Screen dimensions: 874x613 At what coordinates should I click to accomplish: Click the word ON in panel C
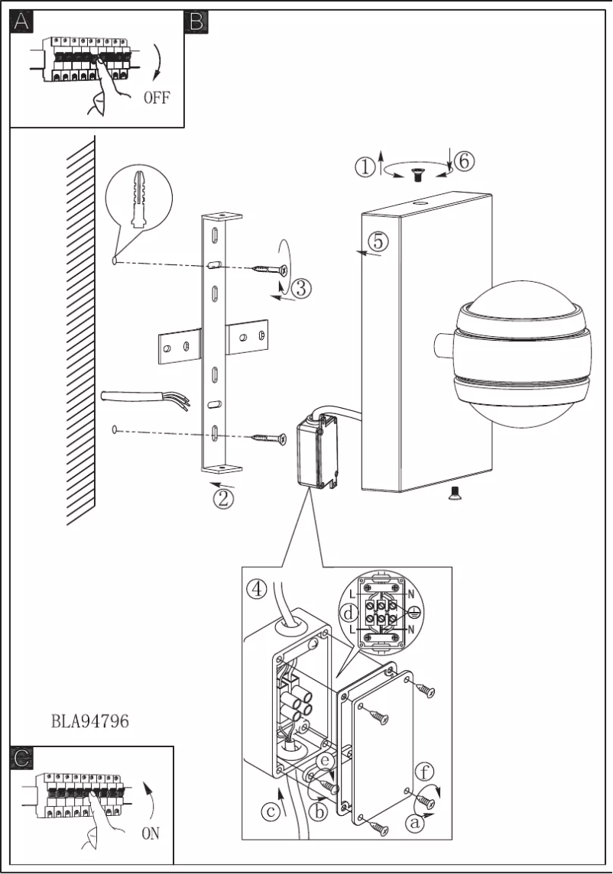(150, 834)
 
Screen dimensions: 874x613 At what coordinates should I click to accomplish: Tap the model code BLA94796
(89, 720)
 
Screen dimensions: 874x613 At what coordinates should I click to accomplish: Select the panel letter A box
(21, 22)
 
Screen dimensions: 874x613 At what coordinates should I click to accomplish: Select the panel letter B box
(196, 22)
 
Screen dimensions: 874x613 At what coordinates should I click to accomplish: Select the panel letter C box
(23, 757)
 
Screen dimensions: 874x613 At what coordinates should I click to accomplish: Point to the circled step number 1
(365, 167)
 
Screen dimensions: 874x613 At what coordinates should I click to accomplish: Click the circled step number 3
(300, 289)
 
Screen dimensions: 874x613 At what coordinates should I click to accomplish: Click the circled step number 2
(222, 499)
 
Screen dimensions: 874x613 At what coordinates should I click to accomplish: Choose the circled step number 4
(257, 589)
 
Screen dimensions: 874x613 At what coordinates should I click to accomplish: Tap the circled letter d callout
(349, 614)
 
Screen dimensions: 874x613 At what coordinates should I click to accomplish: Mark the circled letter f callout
(423, 770)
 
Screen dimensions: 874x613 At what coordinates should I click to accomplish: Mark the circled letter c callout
(271, 812)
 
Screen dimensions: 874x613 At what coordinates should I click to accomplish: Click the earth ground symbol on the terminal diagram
(414, 612)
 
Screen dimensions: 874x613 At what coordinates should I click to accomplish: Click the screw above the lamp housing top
(417, 176)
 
